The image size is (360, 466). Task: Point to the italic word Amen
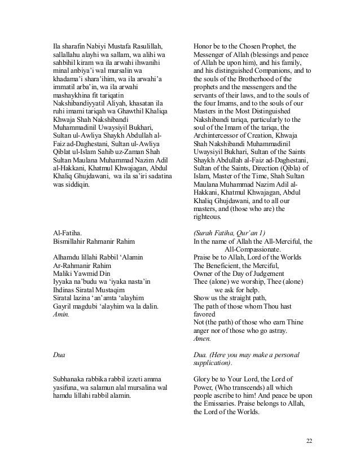pos(202,338)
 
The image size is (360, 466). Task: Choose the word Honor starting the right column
pos(203,45)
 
